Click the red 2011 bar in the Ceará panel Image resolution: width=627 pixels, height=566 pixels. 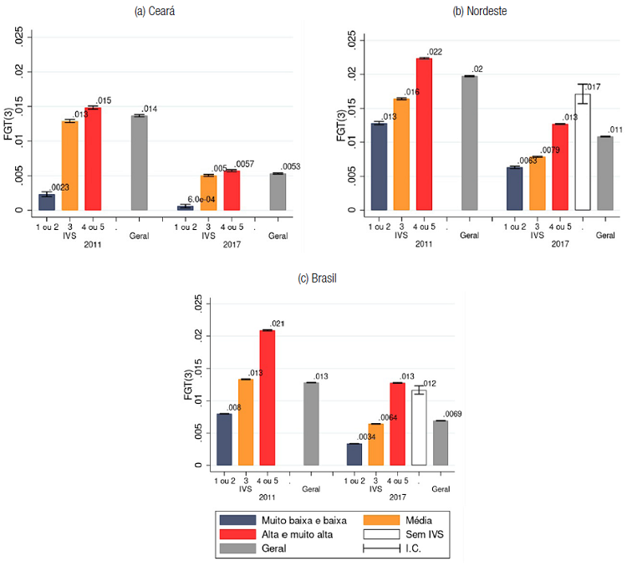click(93, 159)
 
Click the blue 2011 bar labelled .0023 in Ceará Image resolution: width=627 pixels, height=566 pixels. click(47, 201)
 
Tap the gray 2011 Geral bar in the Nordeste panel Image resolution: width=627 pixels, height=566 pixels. click(469, 143)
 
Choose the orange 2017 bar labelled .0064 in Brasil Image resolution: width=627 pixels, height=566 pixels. click(375, 444)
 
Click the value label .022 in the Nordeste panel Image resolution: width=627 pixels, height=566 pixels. click(435, 52)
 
